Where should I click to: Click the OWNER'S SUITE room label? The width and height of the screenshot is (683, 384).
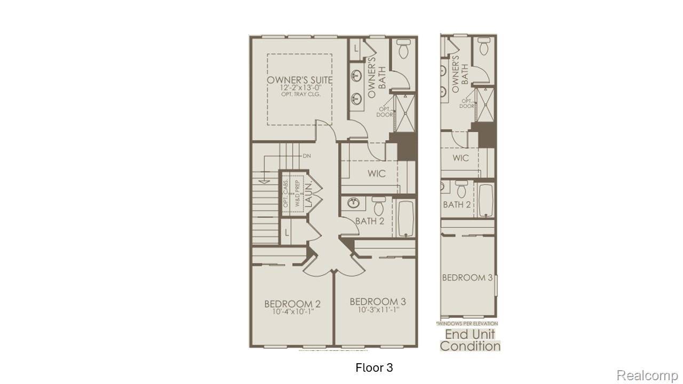point(300,80)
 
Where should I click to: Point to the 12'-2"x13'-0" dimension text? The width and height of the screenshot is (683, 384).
point(300,87)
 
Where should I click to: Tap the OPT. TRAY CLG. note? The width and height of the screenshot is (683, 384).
point(300,94)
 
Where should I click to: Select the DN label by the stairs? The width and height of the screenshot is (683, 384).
point(307,156)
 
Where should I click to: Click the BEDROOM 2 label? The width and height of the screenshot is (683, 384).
point(292,304)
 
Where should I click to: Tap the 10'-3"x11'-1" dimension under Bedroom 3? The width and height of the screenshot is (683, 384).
point(374,309)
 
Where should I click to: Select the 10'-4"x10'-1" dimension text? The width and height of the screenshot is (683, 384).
point(292,312)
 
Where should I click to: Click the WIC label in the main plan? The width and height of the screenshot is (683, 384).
point(376,174)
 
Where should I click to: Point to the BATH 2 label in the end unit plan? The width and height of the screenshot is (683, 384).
point(457,204)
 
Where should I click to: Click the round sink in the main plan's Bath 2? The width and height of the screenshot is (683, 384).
point(353,203)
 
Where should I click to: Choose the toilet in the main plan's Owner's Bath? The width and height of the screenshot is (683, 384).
point(404,50)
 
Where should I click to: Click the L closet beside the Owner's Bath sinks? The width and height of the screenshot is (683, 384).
point(356,48)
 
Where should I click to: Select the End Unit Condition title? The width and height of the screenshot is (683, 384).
point(470,340)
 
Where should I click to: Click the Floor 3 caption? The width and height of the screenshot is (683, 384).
point(374,367)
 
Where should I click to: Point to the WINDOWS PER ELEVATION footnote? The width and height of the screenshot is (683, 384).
point(467,324)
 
